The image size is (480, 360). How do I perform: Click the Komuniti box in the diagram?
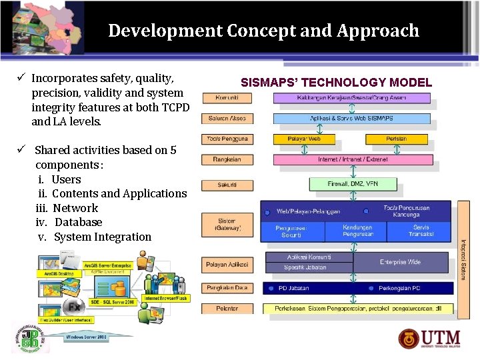point(227,98)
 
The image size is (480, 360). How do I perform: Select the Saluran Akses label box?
point(227,119)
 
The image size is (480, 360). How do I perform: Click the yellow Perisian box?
point(396,139)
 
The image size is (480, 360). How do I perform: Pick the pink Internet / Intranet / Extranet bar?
point(353,159)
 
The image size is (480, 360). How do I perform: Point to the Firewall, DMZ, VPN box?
point(353,184)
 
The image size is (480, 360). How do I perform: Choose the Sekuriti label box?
point(227,185)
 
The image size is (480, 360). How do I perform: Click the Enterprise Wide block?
point(400,262)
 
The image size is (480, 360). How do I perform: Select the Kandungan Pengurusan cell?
point(357,231)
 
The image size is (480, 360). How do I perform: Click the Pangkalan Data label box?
point(227,288)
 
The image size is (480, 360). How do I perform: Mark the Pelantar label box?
point(227,309)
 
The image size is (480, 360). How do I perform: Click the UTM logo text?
point(441,339)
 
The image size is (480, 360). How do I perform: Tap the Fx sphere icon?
point(73,307)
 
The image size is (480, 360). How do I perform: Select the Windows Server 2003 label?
point(86,337)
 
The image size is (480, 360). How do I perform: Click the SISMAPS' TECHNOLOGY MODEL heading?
point(336,83)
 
